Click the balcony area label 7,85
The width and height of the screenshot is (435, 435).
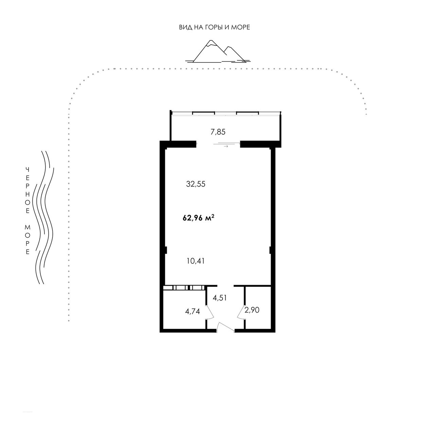coord(218,132)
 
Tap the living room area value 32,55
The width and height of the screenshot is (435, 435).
coord(196,184)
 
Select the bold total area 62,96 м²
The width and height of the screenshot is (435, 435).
coord(198,218)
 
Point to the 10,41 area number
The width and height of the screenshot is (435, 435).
coord(195,261)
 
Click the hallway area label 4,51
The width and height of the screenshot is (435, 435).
coord(220,298)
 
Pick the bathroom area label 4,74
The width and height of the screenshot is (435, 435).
coord(193,312)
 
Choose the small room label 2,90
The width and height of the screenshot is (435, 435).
coord(252,310)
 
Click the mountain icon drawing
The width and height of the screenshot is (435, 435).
coord(218,51)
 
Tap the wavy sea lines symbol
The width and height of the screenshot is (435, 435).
coord(43,217)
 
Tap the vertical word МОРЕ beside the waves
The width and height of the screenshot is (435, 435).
coord(28,240)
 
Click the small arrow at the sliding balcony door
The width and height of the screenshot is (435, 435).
coord(226,146)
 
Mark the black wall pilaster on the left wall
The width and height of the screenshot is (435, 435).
coord(165,250)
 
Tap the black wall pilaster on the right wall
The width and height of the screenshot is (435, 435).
coord(271,250)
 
